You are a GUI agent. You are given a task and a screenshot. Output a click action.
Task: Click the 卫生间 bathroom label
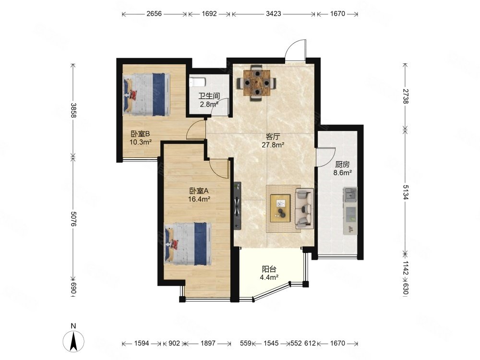pos(209,96)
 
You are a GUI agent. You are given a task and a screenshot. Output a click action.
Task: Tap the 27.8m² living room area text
pos(273,145)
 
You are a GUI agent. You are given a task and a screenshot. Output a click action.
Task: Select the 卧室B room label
pos(140,134)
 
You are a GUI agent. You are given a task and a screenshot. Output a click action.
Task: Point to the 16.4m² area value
pos(199,199)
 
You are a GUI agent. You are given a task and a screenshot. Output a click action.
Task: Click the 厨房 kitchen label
pos(342,164)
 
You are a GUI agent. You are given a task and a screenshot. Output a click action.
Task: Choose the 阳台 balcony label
pos(269,269)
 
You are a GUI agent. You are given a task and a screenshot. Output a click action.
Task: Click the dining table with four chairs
pos(257,83)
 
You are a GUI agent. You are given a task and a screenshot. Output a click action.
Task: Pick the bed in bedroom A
pos(188,244)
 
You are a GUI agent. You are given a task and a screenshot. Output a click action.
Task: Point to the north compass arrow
pos(73,341)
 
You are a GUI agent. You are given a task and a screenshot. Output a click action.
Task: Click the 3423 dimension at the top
pos(274,14)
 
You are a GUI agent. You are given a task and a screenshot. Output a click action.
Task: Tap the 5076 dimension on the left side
pos(73,218)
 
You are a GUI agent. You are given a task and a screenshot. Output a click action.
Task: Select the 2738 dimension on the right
pos(405,96)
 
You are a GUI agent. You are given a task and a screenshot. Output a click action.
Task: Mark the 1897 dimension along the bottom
pos(208,343)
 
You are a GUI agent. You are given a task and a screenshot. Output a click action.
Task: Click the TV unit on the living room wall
pos(238,206)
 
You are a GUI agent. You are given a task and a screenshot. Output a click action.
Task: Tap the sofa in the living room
pos(304,209)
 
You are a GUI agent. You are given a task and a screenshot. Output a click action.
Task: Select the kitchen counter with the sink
pos(350,211)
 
